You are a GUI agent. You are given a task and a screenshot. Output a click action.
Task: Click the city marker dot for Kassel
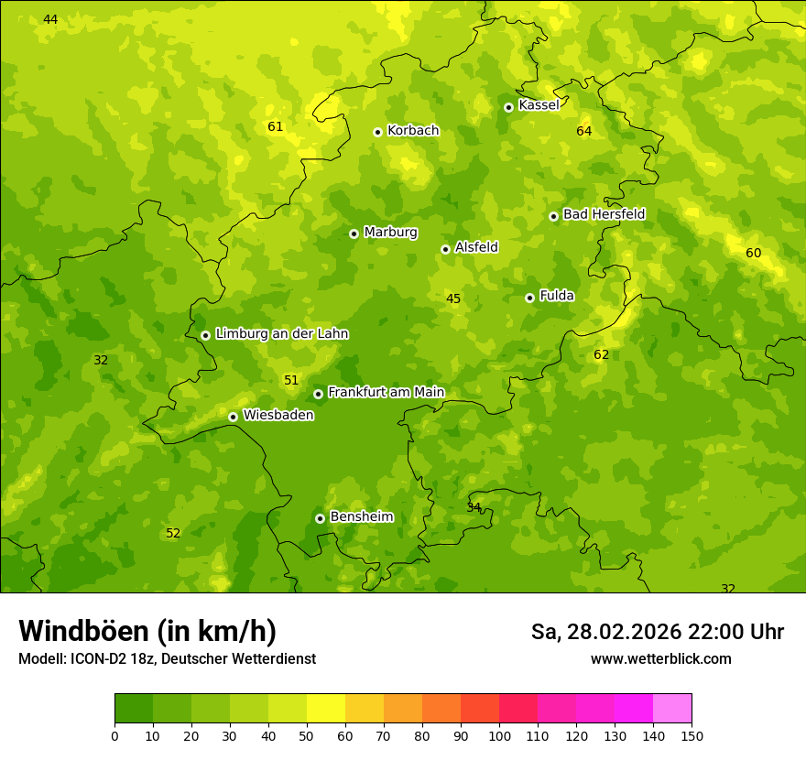[508, 107]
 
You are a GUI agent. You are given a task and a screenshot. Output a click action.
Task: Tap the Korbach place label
[413, 131]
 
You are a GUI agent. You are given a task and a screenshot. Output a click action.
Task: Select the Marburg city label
[390, 233]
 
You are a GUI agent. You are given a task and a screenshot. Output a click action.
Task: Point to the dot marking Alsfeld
[445, 249]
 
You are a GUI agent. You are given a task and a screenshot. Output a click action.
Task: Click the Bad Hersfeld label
[604, 214]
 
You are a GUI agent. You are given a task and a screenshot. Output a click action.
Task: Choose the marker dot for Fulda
[529, 298]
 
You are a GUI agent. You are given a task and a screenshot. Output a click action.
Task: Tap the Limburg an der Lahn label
[281, 334]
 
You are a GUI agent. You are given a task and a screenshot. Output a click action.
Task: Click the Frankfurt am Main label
[386, 393]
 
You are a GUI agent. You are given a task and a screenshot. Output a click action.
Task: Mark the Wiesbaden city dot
[233, 417]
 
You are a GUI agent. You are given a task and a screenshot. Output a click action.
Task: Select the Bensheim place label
[361, 517]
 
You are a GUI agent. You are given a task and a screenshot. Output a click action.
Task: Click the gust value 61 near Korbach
[276, 127]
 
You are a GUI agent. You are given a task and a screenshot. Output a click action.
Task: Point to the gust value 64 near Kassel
[584, 132]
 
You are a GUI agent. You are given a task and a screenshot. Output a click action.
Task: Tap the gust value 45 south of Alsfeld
[453, 299]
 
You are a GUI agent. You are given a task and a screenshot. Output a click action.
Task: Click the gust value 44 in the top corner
[50, 20]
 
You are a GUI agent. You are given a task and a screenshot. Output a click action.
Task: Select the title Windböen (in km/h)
[147, 632]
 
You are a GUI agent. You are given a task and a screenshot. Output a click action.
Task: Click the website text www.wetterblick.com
[660, 659]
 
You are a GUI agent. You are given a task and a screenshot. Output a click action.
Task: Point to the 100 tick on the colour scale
[499, 735]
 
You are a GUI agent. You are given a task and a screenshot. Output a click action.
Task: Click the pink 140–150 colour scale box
[672, 709]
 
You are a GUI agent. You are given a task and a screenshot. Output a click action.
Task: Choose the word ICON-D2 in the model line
[96, 659]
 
